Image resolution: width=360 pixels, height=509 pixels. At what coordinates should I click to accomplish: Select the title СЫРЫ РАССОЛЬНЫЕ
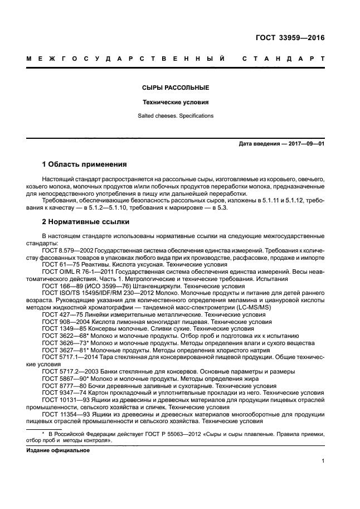tap(175, 88)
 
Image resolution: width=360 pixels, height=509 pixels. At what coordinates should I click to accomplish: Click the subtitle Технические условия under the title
tap(175, 103)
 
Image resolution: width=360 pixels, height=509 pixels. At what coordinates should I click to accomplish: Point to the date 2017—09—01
tap(305, 144)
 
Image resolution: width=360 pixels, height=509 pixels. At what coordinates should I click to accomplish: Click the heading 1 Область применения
tap(85, 164)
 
